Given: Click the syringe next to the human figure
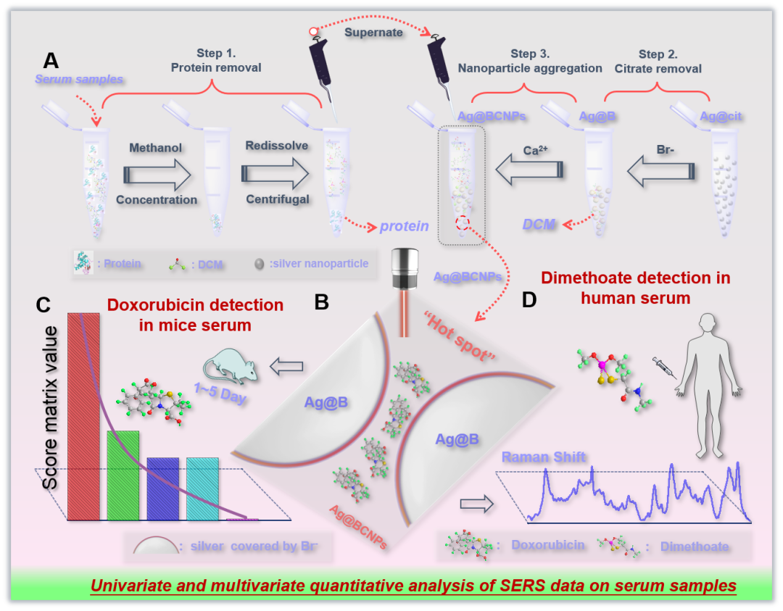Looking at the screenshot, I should (x=664, y=366).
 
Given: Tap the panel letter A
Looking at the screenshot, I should (x=51, y=59).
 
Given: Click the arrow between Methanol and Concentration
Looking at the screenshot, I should (x=157, y=174).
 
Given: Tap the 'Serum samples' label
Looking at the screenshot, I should (x=80, y=79).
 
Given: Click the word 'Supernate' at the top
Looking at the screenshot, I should (x=373, y=33).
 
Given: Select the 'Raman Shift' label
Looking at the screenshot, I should (x=544, y=457).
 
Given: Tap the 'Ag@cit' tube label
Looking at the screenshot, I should (x=721, y=116).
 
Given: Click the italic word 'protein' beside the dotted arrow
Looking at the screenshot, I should (x=404, y=226).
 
